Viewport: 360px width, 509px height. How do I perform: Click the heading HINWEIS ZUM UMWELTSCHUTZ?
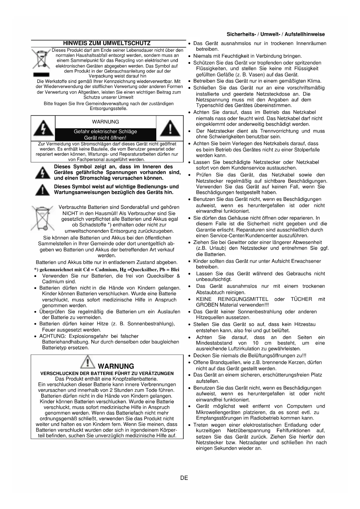(x=107, y=44)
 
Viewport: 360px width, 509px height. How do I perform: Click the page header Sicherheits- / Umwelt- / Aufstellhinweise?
(x=276, y=34)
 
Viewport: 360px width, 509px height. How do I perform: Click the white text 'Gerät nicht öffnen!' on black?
(x=105, y=138)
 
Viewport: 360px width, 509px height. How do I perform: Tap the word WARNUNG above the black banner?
(x=105, y=122)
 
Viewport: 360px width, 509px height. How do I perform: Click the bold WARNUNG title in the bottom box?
(x=116, y=366)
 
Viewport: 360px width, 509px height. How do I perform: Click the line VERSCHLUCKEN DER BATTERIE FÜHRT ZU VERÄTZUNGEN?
(x=107, y=373)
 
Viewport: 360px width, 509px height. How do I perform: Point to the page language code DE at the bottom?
(x=184, y=478)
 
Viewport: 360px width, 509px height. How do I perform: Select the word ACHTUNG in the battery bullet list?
(x=49, y=336)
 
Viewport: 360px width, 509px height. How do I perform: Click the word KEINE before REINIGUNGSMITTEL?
(x=204, y=299)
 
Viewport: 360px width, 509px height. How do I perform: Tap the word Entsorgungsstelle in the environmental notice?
(x=108, y=109)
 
